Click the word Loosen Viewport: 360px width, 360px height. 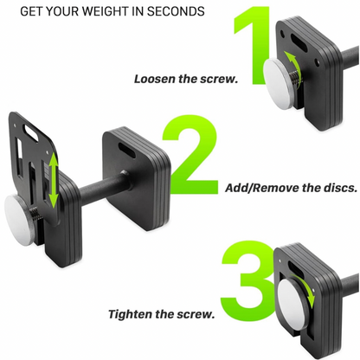tap(158, 79)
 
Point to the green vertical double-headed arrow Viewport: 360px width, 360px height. tap(54, 180)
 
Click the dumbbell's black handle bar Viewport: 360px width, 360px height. tap(95, 185)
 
